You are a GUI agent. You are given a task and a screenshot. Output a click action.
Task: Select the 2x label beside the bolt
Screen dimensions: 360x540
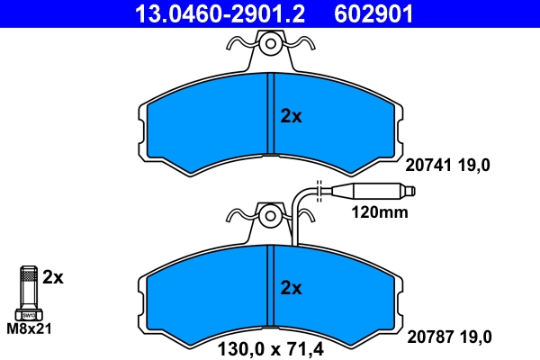[53, 277]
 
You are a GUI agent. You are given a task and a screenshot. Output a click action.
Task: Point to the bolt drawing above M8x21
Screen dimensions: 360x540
[28, 292]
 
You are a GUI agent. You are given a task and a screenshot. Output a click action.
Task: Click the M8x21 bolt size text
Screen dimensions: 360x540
[30, 328]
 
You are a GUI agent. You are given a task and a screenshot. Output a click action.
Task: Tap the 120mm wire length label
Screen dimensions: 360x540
[379, 213]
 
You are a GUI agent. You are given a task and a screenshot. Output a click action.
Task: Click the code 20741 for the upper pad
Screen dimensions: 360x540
[428, 165]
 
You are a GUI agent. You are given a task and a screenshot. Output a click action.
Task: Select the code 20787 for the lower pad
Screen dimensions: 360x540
[428, 337]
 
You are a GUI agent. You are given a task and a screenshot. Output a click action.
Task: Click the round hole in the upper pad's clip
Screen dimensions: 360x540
[270, 43]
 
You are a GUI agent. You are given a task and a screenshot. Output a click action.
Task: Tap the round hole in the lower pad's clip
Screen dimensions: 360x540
[270, 216]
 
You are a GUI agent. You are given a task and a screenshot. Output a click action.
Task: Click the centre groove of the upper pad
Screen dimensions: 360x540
[270, 115]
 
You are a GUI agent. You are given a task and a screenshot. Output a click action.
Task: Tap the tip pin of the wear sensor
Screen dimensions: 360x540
[410, 191]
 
